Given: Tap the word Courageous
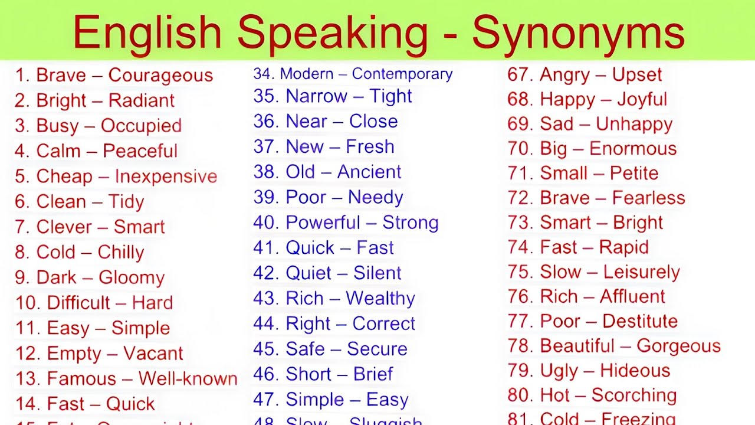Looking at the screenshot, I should pyautogui.click(x=160, y=76).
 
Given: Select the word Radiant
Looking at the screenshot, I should pyautogui.click(x=142, y=100).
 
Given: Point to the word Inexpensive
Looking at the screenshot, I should pyautogui.click(x=166, y=176).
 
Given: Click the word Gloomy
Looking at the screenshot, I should pyautogui.click(x=132, y=277).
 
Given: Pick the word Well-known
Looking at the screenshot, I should pyautogui.click(x=188, y=378).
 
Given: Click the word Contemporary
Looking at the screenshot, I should pyautogui.click(x=402, y=74).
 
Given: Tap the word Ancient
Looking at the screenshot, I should pyautogui.click(x=369, y=172).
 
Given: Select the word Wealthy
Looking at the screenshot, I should pyautogui.click(x=380, y=298).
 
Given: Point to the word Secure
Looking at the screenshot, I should pyautogui.click(x=377, y=349).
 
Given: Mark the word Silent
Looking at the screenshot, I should pyautogui.click(x=377, y=273).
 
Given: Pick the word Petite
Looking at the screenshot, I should pyautogui.click(x=634, y=173).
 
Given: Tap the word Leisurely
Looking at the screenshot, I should pyautogui.click(x=642, y=272).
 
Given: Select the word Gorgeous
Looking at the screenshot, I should pyautogui.click(x=678, y=346).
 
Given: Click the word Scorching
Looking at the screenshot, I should pyautogui.click(x=634, y=395).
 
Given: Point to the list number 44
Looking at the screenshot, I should pyautogui.click(x=265, y=323).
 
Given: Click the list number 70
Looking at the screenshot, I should pyautogui.click(x=520, y=148).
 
